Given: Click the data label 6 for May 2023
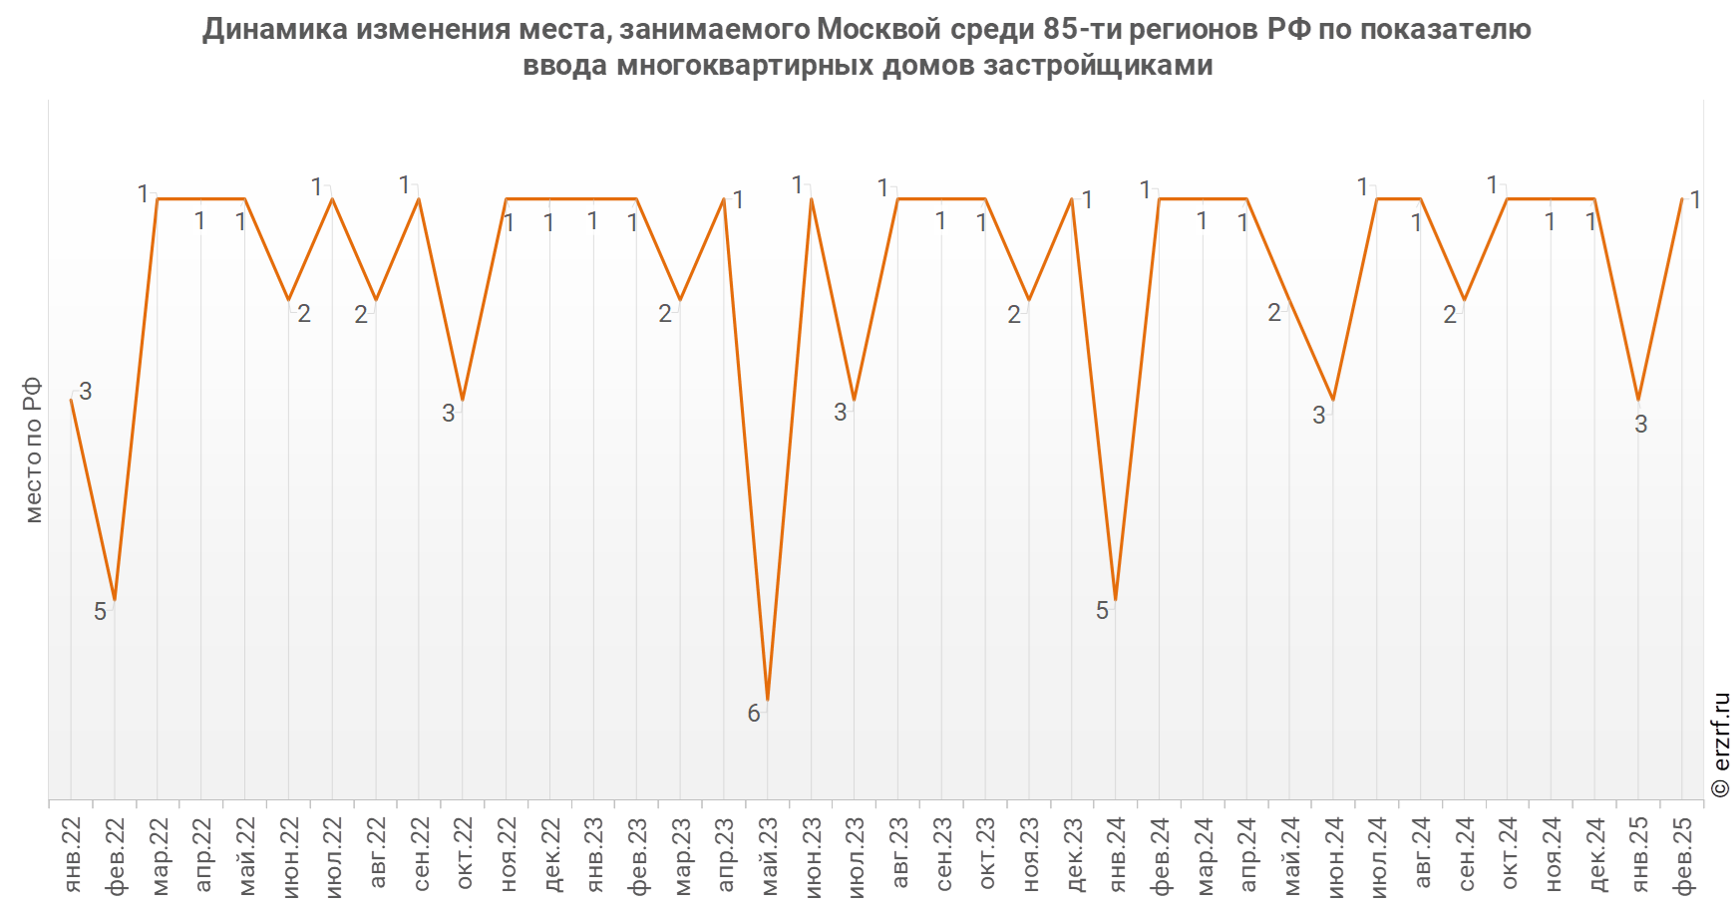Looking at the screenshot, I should (x=754, y=714).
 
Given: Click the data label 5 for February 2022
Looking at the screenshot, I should (x=100, y=612).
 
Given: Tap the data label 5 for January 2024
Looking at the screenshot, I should (x=1102, y=611).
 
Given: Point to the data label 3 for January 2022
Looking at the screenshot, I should (x=86, y=392).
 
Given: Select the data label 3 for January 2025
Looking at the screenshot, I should (x=1641, y=425).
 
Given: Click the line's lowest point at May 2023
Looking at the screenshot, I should (x=768, y=700).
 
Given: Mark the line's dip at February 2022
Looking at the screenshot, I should (x=115, y=600).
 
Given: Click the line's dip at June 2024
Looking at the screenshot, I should (x=1333, y=400).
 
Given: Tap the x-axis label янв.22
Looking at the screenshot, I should (x=72, y=855).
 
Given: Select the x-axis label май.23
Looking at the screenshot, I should (x=769, y=855).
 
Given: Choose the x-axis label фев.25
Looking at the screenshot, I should (x=1683, y=855).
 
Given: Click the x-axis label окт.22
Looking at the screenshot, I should (x=464, y=855).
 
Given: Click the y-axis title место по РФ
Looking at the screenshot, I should (x=33, y=450).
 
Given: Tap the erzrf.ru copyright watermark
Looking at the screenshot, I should (x=1720, y=745).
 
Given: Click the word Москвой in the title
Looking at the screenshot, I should (x=878, y=30).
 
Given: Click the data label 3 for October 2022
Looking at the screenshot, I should (x=449, y=413).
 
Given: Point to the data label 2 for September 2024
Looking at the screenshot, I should (x=1450, y=315).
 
